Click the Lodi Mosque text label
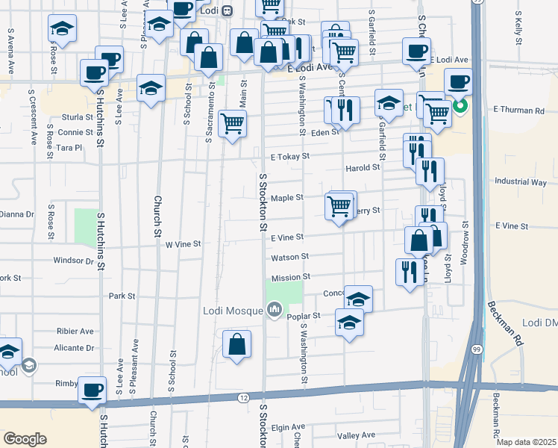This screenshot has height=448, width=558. [x=232, y=311]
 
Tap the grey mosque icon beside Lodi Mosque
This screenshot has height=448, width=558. [x=274, y=309]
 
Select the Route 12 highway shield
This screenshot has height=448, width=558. [x=243, y=399]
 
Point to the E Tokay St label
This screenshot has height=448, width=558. [x=289, y=157]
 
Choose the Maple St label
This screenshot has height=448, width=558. [x=286, y=198]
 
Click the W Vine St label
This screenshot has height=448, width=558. [x=183, y=244]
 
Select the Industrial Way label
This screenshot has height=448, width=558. [x=520, y=182]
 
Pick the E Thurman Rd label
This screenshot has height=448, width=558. [x=518, y=111]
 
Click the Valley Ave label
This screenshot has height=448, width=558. [x=356, y=435]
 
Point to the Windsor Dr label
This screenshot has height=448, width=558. [x=73, y=261]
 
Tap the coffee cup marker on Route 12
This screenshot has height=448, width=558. [x=93, y=391]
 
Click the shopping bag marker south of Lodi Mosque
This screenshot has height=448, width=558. [x=236, y=345]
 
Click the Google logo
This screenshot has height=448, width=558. [x=25, y=439]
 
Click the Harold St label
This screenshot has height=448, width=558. [x=363, y=168]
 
